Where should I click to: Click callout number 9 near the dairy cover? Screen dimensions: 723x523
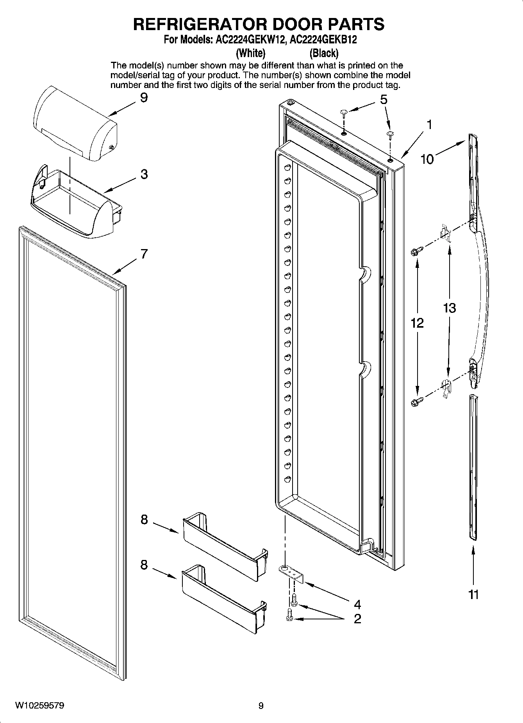144,97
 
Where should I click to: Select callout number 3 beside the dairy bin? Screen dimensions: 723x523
144,174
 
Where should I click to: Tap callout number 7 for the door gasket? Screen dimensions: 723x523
144,254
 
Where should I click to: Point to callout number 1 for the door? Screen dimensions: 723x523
429,125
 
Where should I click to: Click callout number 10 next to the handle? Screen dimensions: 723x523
427,159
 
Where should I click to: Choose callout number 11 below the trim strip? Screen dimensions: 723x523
473,595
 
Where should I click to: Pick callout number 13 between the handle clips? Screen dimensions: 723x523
449,308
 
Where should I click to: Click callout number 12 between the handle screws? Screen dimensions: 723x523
417,323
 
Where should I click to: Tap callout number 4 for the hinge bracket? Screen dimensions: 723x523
357,605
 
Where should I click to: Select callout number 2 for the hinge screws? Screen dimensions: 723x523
357,619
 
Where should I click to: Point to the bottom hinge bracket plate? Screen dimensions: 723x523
292,574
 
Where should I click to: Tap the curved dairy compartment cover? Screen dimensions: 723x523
74,125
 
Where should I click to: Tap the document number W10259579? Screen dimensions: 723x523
39,705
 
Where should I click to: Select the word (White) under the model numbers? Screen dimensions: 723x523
250,52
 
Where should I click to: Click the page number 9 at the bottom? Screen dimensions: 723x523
261,706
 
